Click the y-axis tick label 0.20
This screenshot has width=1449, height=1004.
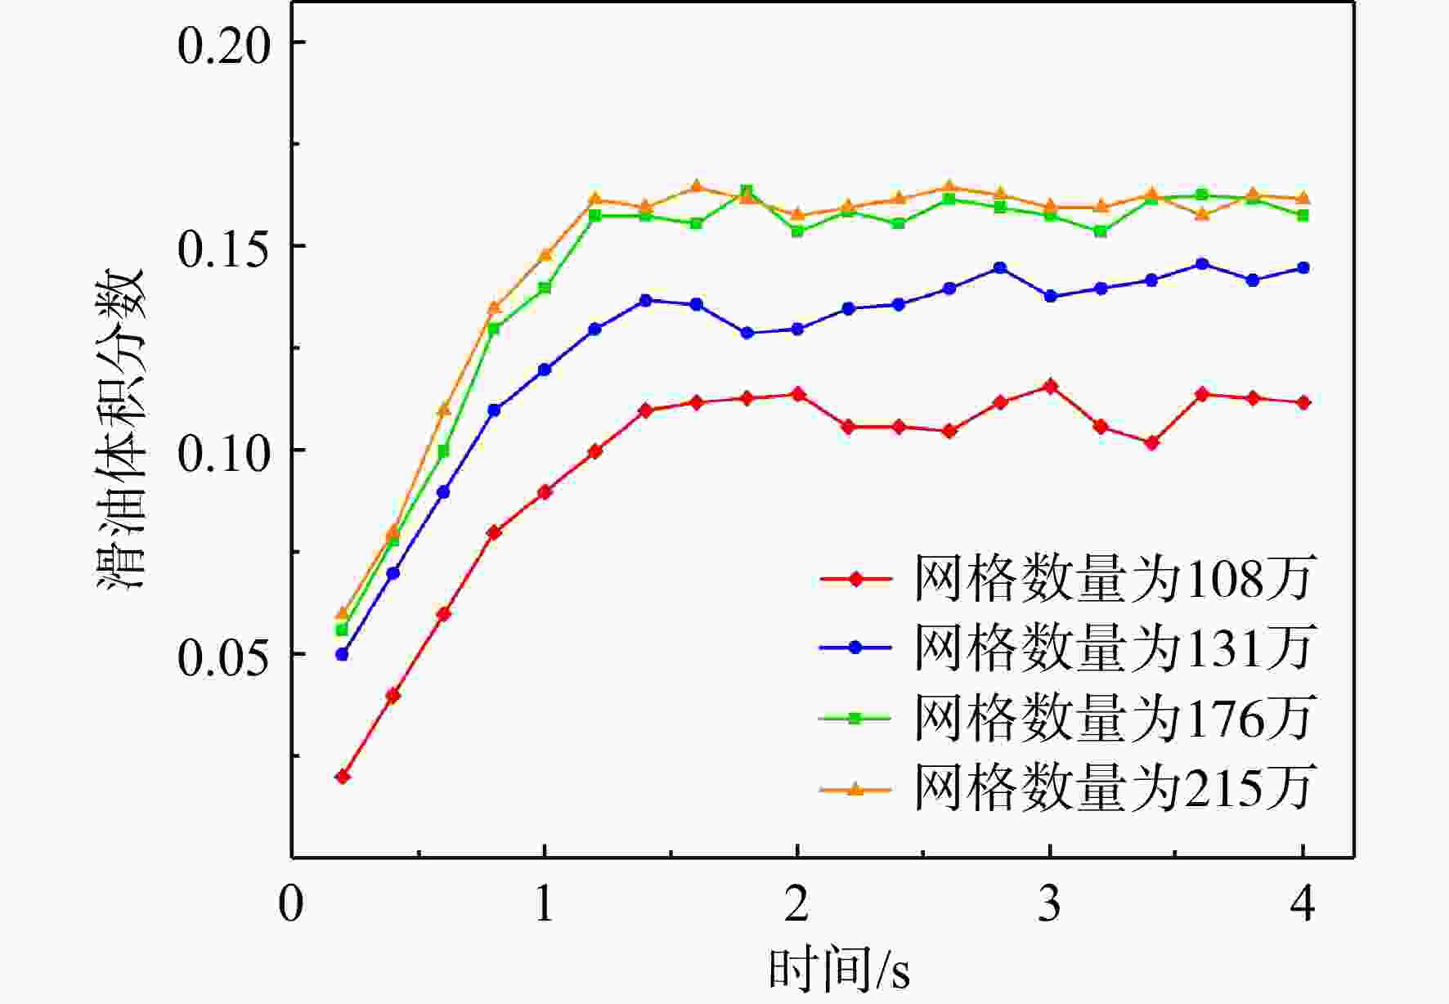pos(223,44)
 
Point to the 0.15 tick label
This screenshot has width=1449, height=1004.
pos(223,248)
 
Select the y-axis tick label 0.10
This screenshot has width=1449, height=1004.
pos(223,452)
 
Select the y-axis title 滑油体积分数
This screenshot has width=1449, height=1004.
pos(121,429)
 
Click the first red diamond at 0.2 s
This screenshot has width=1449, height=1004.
pos(343,777)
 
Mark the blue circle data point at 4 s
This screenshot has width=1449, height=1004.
pos(1303,268)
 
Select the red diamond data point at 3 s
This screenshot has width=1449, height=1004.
pos(1051,387)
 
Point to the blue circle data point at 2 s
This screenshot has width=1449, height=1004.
pos(797,329)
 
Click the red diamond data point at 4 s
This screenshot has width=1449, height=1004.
pos(1303,403)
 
